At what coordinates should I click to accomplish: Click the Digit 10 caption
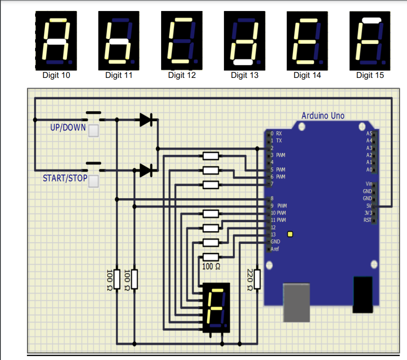pos(56,75)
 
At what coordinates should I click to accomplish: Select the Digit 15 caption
pos(370,75)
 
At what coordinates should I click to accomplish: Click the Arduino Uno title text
pos(323,116)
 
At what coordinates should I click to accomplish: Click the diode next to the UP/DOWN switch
pos(146,119)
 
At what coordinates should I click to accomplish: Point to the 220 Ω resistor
pos(257,279)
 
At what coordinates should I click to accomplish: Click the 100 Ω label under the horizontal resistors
pos(211,267)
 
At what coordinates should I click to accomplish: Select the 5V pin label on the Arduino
pos(369,206)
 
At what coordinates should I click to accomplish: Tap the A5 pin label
pos(369,133)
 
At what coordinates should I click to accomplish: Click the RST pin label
pos(367,220)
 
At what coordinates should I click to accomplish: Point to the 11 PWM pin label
pos(278,220)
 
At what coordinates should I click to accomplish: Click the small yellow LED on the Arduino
pos(290,234)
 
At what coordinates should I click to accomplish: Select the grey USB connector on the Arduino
pos(296,303)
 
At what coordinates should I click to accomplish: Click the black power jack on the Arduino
pos(363,294)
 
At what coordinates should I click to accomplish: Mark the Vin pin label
pos(369,184)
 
